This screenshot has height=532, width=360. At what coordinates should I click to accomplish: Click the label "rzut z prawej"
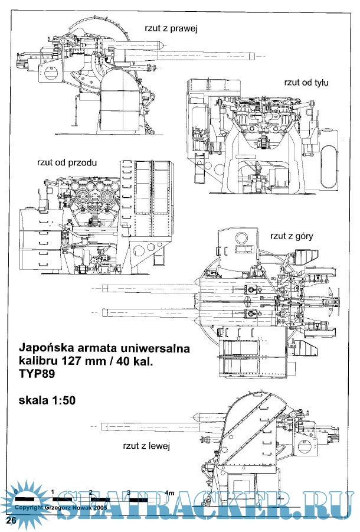171,28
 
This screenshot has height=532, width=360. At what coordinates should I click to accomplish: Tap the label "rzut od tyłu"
306,82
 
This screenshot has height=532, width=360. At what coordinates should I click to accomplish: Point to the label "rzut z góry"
292,236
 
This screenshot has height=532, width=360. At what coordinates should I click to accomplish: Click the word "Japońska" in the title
48,348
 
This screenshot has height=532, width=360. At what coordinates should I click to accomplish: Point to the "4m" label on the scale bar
170,492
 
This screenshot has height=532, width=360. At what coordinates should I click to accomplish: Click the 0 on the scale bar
16,492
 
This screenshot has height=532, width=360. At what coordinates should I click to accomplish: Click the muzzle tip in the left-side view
103,425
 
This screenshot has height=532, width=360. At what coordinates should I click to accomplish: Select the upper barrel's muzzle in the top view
103,288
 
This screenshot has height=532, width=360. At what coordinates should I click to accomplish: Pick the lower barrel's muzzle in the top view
103,312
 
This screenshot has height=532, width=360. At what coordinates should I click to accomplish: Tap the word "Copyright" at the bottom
30,507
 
